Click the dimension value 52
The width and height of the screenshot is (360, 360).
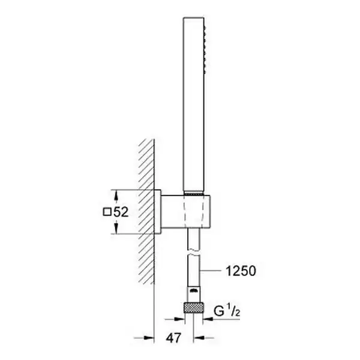(x=121, y=212)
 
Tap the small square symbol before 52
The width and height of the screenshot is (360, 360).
(x=107, y=212)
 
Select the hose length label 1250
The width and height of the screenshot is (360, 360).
(x=241, y=271)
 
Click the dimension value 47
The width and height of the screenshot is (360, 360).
(x=173, y=338)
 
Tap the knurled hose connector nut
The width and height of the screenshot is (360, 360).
(x=194, y=308)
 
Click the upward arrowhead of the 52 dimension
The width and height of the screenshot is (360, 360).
(x=116, y=197)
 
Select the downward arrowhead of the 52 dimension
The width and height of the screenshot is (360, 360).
(x=116, y=227)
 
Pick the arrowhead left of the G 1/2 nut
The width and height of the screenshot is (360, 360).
(x=179, y=319)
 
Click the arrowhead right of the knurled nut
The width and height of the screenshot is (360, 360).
(x=208, y=319)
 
